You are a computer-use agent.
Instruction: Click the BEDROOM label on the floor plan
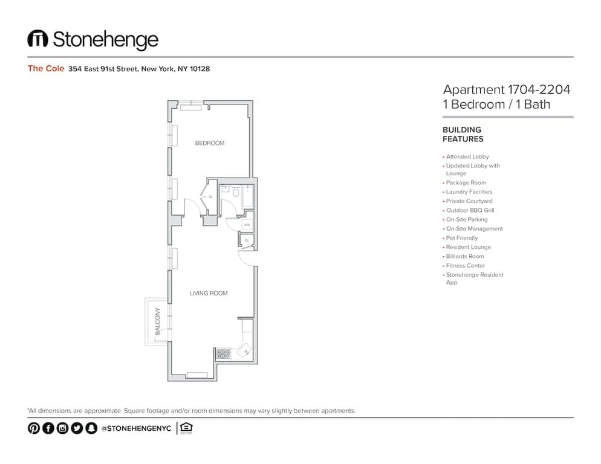pos(209,143)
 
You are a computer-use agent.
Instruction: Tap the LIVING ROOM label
pos(209,294)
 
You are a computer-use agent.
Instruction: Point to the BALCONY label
pos(158,321)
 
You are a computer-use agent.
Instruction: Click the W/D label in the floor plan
pos(247,225)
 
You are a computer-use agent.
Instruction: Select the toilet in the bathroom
pos(235,192)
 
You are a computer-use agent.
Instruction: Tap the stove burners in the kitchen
pos(223,353)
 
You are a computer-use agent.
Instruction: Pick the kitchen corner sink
pos(247,350)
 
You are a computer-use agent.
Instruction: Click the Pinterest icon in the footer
pos(34,428)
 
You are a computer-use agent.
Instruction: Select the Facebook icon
pos(48,428)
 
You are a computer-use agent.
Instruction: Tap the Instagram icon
pos(62,428)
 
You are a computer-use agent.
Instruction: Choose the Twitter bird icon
pos(77,428)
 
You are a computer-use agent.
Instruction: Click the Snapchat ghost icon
pos(91,428)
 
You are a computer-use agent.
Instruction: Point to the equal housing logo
pos(186,428)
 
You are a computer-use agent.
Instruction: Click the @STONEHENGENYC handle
pos(137,428)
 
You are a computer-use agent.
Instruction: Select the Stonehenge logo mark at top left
pos(37,39)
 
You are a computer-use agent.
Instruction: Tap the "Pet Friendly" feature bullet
pos(461,238)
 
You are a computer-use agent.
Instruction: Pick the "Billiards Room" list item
pos(465,256)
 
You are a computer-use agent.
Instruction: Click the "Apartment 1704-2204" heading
pos(507,90)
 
